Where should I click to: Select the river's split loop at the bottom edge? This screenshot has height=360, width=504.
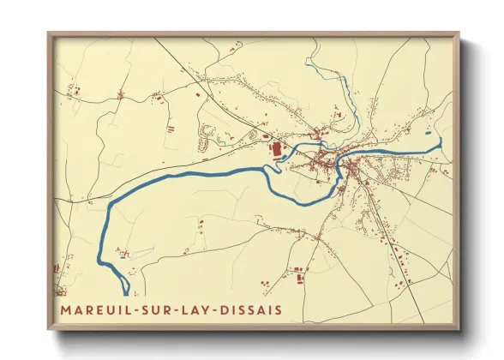click(x=128, y=283)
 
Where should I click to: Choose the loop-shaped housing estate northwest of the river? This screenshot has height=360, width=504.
click(x=207, y=133)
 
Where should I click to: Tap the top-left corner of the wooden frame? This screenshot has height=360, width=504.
click(x=50, y=34)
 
